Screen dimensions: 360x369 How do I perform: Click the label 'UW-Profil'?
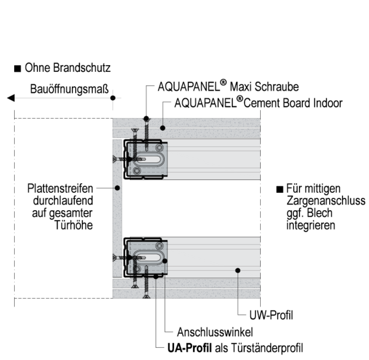coord(271,316)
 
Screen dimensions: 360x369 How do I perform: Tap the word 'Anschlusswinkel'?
coord(211,331)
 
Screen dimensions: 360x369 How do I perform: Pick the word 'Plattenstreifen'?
coord(60,189)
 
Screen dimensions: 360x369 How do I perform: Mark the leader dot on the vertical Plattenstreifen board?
coord(117,189)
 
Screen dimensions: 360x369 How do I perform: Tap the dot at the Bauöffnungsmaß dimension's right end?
coord(112,97)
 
